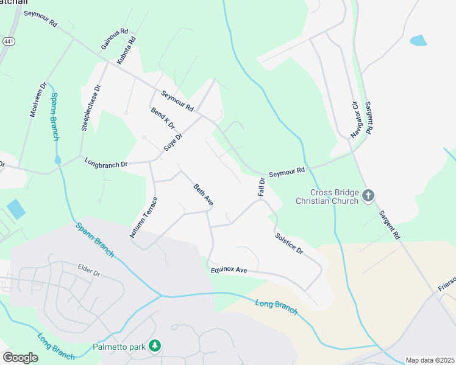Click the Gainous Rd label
(115, 39)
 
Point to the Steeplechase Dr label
(91, 108)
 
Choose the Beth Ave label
(203, 195)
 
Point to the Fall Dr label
(262, 187)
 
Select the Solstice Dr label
(288, 243)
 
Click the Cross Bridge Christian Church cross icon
(368, 195)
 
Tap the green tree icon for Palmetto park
(155, 346)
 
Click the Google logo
(20, 357)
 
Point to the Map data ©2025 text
(430, 360)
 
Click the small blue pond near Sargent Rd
(418, 41)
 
